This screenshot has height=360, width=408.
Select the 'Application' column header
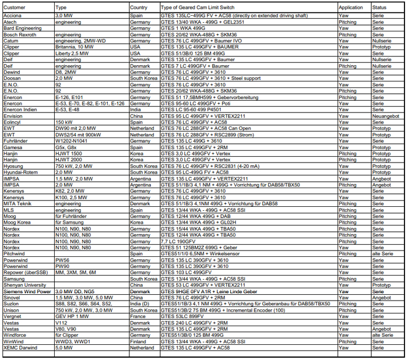coord(350,8)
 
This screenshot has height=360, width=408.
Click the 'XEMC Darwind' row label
coord(19,347)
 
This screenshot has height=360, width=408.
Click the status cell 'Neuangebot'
coord(386,116)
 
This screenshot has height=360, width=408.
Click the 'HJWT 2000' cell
coord(69,160)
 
